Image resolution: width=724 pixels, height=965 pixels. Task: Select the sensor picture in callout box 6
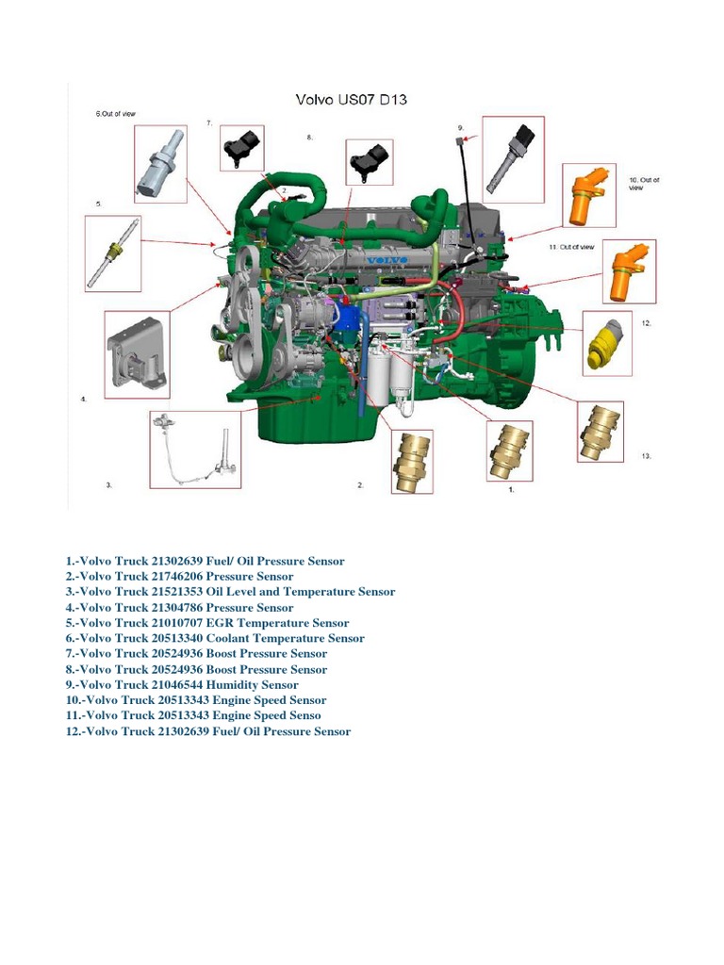tap(158, 166)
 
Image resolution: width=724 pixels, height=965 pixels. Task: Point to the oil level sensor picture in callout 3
tap(195, 448)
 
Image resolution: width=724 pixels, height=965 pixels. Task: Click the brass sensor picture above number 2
tap(412, 461)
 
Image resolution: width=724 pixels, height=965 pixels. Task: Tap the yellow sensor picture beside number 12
tap(606, 342)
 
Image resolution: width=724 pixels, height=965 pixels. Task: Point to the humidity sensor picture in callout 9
tap(512, 159)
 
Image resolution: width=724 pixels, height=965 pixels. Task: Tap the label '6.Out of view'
tap(115, 114)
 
